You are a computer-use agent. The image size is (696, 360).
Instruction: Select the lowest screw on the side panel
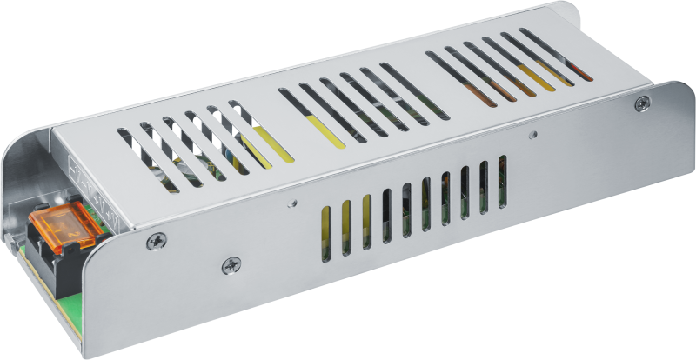coord(231,265)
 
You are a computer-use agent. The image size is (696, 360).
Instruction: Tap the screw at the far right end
coord(641,103)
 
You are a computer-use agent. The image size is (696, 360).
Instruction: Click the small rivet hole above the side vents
coord(533,135)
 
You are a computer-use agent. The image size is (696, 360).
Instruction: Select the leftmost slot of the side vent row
coord(325,230)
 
